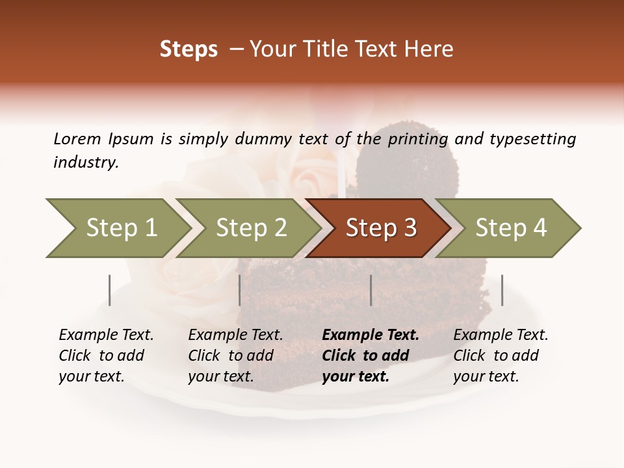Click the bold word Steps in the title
click(x=188, y=49)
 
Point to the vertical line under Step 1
click(x=110, y=290)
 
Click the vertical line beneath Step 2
click(x=240, y=290)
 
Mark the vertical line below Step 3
click(x=371, y=290)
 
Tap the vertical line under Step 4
click(x=502, y=290)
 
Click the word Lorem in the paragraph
click(x=77, y=139)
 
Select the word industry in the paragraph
click(x=85, y=162)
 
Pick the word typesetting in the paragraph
click(x=532, y=139)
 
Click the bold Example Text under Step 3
click(x=370, y=335)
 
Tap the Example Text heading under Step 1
click(x=106, y=335)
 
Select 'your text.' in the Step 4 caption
click(x=486, y=376)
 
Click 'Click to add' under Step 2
click(x=231, y=356)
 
